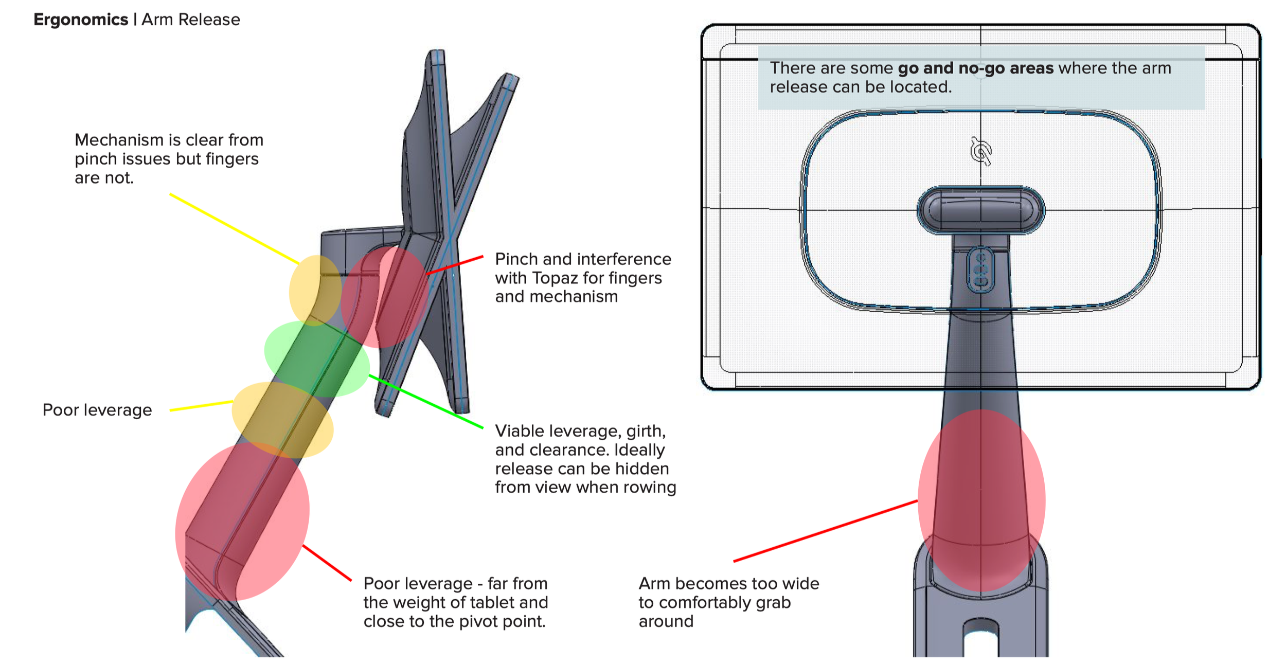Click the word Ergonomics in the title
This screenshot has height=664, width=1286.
coord(81,20)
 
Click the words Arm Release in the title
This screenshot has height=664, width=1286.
coord(191,20)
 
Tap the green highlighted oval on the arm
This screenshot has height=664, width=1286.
coord(316,358)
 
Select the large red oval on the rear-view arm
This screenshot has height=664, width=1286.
coord(981,499)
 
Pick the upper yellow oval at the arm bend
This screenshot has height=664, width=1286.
coord(314,291)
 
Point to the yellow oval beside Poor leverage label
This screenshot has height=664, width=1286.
coord(282,419)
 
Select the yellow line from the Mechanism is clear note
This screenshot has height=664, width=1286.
coord(234,229)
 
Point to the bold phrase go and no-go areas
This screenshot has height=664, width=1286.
coord(975,68)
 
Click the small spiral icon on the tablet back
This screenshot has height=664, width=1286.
coord(980,152)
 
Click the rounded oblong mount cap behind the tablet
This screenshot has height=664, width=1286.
coord(981,210)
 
